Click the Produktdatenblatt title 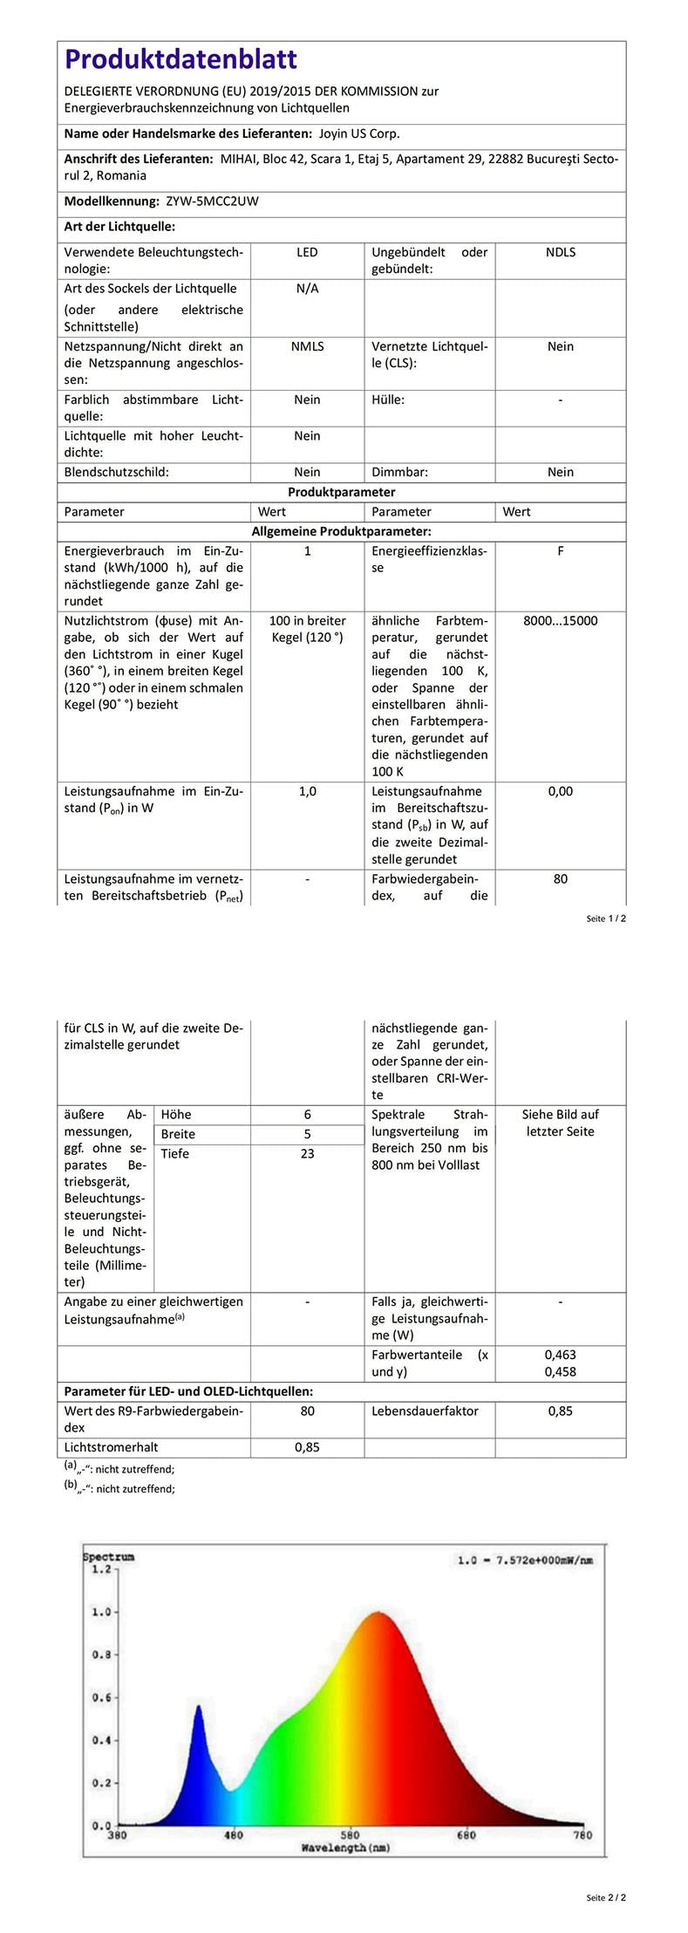(181, 59)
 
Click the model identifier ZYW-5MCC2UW (212, 201)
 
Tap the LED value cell (307, 252)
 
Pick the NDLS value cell (560, 252)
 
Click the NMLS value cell (307, 346)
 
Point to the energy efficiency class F (560, 551)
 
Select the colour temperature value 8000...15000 (560, 621)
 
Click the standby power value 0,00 (560, 791)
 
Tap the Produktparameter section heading (342, 492)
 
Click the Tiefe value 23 (307, 1153)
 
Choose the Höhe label (176, 1115)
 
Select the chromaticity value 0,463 (560, 1355)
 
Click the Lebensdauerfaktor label (425, 1410)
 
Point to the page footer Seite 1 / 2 (606, 919)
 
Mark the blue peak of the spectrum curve (198, 1706)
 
